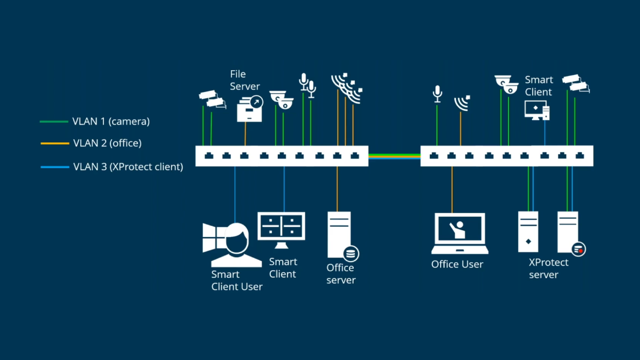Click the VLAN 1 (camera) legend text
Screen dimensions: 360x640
tap(111, 122)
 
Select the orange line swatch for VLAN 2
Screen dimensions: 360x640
tap(54, 143)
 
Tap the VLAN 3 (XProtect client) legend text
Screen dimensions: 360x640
tap(128, 167)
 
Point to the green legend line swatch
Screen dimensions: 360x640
tap(54, 122)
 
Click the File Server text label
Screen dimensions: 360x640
tap(245, 80)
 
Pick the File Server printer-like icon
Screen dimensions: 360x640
tap(249, 109)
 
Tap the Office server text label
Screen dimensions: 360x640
tap(341, 274)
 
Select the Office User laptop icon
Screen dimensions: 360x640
tap(459, 233)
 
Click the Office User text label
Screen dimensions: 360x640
tap(457, 265)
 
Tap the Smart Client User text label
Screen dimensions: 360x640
tap(237, 281)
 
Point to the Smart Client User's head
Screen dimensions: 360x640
tap(236, 237)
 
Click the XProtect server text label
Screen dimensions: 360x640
tap(549, 269)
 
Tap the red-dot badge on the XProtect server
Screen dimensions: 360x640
tap(579, 249)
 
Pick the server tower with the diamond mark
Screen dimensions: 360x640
tap(528, 231)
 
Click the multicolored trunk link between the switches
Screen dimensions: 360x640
tap(394, 155)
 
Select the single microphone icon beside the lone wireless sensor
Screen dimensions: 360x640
tap(437, 94)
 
